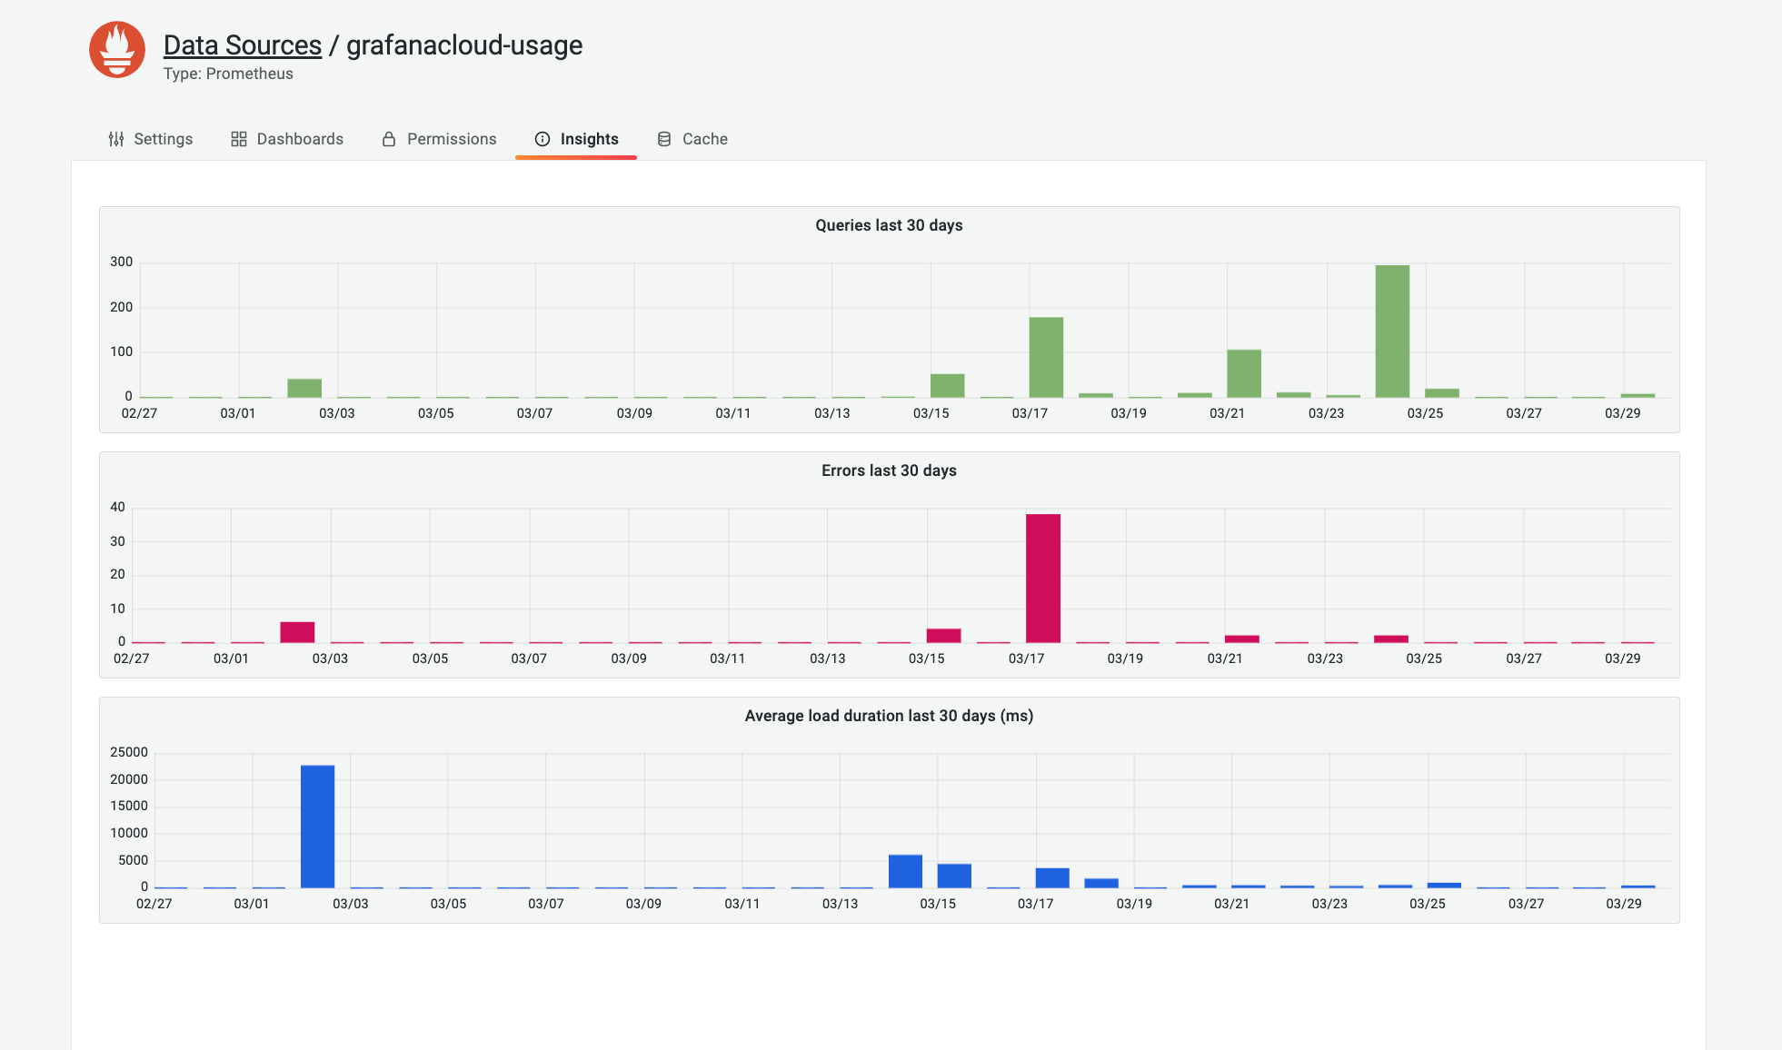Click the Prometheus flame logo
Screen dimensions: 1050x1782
pyautogui.click(x=117, y=50)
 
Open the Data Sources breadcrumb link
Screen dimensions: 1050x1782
pyautogui.click(x=242, y=45)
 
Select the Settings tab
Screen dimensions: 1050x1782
pyautogui.click(x=151, y=139)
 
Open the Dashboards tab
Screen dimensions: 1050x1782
pyautogui.click(x=287, y=139)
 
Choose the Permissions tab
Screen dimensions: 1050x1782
pyautogui.click(x=439, y=139)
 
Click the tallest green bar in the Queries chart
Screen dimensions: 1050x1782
pyautogui.click(x=1392, y=332)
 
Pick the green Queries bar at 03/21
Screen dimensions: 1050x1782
pyautogui.click(x=1244, y=373)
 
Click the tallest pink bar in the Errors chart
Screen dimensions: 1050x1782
pyautogui.click(x=1043, y=579)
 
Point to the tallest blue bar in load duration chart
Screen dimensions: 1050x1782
pyautogui.click(x=317, y=827)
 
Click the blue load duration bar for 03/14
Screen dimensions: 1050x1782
pyautogui.click(x=905, y=871)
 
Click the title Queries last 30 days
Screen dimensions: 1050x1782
pyautogui.click(x=889, y=225)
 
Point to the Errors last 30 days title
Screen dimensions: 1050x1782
pyautogui.click(x=889, y=471)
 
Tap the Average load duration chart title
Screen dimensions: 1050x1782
pyautogui.click(x=889, y=716)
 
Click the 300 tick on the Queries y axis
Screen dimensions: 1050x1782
pyautogui.click(x=121, y=262)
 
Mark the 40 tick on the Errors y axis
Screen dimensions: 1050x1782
pyautogui.click(x=117, y=507)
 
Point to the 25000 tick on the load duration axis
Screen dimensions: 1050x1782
pyautogui.click(x=128, y=752)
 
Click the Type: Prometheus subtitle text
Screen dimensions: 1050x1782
pyautogui.click(x=228, y=74)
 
